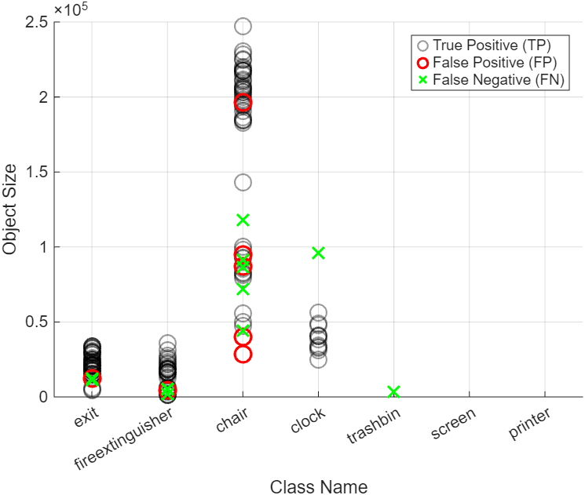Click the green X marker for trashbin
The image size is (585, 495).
pyautogui.click(x=393, y=391)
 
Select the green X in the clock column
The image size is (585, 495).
pyautogui.click(x=318, y=253)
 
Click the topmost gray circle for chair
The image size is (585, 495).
pyautogui.click(x=243, y=27)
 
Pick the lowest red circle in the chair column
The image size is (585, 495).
pyautogui.click(x=243, y=354)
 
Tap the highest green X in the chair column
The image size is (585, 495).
pyautogui.click(x=243, y=220)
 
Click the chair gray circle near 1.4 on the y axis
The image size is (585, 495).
pyautogui.click(x=243, y=182)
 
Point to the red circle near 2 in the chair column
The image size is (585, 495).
pyautogui.click(x=243, y=103)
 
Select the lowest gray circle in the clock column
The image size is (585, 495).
pyautogui.click(x=318, y=359)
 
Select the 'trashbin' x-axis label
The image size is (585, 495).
pyautogui.click(x=375, y=428)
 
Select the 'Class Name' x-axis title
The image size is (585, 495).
pyautogui.click(x=318, y=486)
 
